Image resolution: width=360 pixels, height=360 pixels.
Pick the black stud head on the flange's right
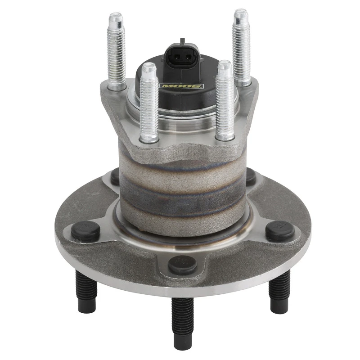pyautogui.click(x=280, y=230)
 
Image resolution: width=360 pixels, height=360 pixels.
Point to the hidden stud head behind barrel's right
pyautogui.click(x=251, y=176)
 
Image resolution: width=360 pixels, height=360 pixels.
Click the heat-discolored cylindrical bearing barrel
pyautogui.click(x=182, y=189)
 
